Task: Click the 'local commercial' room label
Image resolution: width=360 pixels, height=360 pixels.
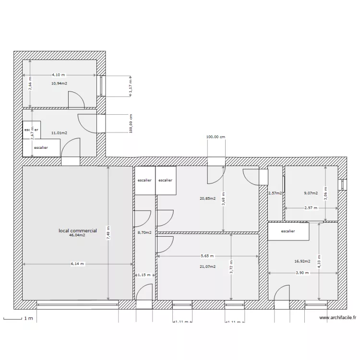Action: pos(77,231)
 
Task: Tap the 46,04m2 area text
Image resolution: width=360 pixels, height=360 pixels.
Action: pos(77,236)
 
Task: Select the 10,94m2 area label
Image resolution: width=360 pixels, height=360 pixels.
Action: pos(59,83)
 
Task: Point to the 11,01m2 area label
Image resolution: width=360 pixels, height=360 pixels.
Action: pos(59,133)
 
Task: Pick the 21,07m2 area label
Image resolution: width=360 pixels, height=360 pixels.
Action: pos(208,266)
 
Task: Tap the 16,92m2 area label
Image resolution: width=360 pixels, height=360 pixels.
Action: pos(302,262)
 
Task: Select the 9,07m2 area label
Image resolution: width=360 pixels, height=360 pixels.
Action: pos(311,193)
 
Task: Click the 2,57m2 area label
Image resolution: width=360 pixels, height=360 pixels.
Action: pos(275,193)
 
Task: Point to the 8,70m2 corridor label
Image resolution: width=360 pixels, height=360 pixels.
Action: pos(144,233)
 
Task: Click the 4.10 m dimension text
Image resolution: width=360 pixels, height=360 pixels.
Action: pos(59,75)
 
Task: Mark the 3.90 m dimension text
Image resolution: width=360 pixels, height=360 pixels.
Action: pos(302,273)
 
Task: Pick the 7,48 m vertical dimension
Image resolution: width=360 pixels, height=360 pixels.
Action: pos(108,234)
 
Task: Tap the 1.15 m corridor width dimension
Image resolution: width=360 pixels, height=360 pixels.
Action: pos(144,275)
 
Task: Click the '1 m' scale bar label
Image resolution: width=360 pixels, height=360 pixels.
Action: pos(28,319)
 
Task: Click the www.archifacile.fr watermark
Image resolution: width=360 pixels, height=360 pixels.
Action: pos(338,317)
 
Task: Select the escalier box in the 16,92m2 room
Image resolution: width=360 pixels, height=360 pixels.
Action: pos(288,231)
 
